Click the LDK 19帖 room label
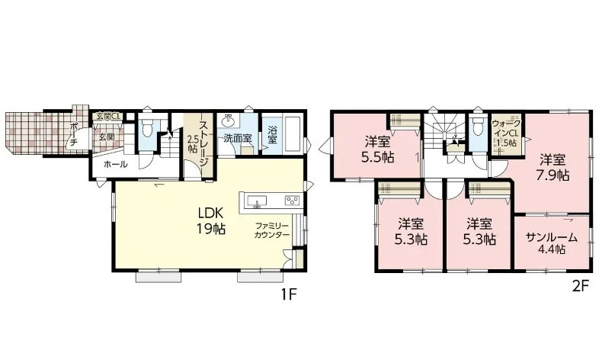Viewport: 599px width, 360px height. click(x=211, y=220)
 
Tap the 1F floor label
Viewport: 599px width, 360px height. click(x=289, y=294)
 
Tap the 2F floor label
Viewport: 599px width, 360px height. click(x=581, y=286)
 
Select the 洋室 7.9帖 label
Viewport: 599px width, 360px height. click(x=553, y=166)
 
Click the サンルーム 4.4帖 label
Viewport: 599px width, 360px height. click(x=552, y=243)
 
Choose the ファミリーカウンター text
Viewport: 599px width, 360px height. click(x=272, y=230)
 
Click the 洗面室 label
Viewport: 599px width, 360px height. click(x=238, y=138)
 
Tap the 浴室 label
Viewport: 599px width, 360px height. click(x=272, y=134)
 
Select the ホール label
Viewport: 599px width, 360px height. click(x=115, y=165)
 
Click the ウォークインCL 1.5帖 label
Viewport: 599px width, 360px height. click(x=506, y=133)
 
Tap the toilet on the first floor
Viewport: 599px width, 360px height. click(x=147, y=128)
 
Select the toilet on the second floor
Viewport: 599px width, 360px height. click(x=477, y=125)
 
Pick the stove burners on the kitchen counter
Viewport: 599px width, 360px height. click(x=292, y=200)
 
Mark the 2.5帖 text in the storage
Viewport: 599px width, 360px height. click(x=192, y=142)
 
